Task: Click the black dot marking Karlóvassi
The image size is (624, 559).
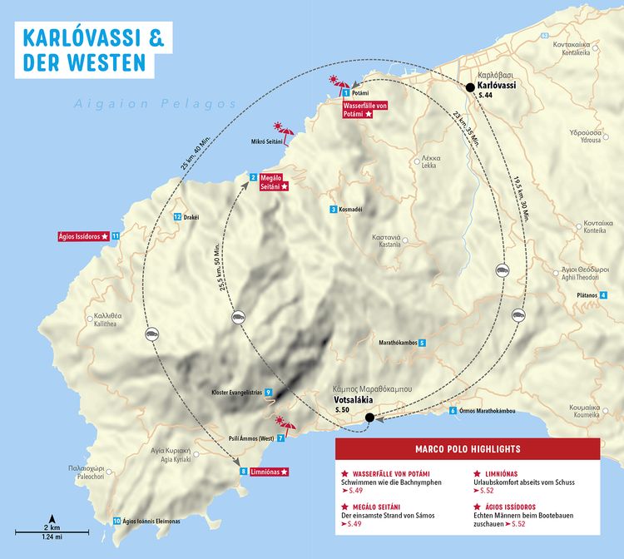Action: coord(470,87)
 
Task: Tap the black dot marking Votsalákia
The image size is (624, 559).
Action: coord(369,418)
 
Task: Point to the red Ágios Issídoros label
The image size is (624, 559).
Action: coord(82,236)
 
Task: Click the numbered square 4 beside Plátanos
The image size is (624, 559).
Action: coord(603,295)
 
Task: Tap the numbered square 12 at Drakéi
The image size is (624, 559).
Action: coord(177,217)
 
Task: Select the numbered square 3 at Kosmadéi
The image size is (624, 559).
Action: coord(333,210)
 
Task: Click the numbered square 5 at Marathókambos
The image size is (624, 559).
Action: coord(422,343)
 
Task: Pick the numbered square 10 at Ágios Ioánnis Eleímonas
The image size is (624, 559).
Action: coord(116,522)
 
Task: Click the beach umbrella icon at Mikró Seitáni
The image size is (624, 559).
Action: coord(285,131)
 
